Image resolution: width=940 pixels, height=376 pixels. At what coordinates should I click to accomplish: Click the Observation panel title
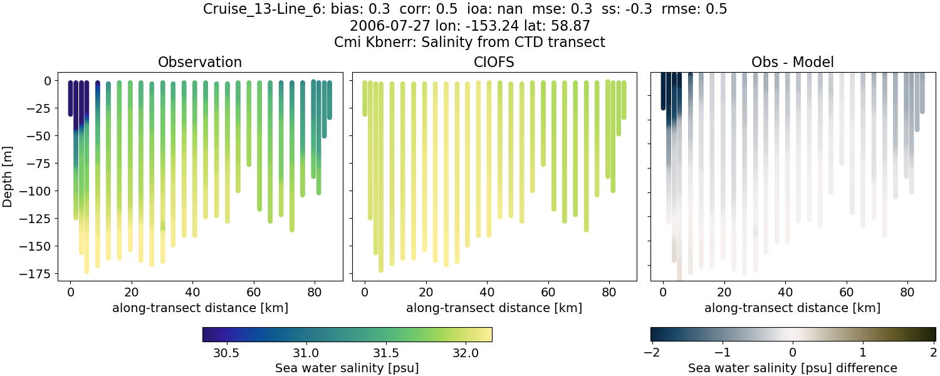pyautogui.click(x=200, y=62)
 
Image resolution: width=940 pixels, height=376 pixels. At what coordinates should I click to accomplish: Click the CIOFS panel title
pyautogui.click(x=494, y=62)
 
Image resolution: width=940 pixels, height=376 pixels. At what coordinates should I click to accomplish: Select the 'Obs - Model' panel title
pyautogui.click(x=792, y=62)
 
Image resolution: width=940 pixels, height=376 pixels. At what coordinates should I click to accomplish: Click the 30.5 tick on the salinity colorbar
pyautogui.click(x=226, y=352)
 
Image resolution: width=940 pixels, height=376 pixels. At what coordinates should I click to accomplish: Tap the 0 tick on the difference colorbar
pyautogui.click(x=793, y=352)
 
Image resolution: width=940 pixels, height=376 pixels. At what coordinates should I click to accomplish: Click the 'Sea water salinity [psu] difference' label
pyautogui.click(x=793, y=368)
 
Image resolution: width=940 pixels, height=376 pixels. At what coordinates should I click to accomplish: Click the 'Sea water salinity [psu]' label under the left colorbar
pyautogui.click(x=347, y=368)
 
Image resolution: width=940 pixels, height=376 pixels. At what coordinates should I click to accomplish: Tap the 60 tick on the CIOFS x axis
pyautogui.click(x=548, y=291)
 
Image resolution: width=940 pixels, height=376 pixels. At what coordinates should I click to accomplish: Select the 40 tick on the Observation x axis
pyautogui.click(x=192, y=291)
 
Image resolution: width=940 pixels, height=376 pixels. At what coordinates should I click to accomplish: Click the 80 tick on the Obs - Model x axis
pyautogui.click(x=908, y=291)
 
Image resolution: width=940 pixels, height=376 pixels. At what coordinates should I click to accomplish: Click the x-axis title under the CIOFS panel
pyautogui.click(x=494, y=308)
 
